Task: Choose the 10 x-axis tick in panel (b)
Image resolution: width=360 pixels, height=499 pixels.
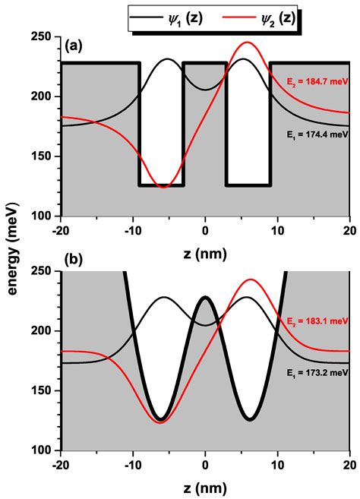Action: (x=277, y=463)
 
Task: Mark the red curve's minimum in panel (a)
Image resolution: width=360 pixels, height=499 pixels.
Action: (x=163, y=186)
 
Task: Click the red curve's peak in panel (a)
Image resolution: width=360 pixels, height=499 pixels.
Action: (x=246, y=43)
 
